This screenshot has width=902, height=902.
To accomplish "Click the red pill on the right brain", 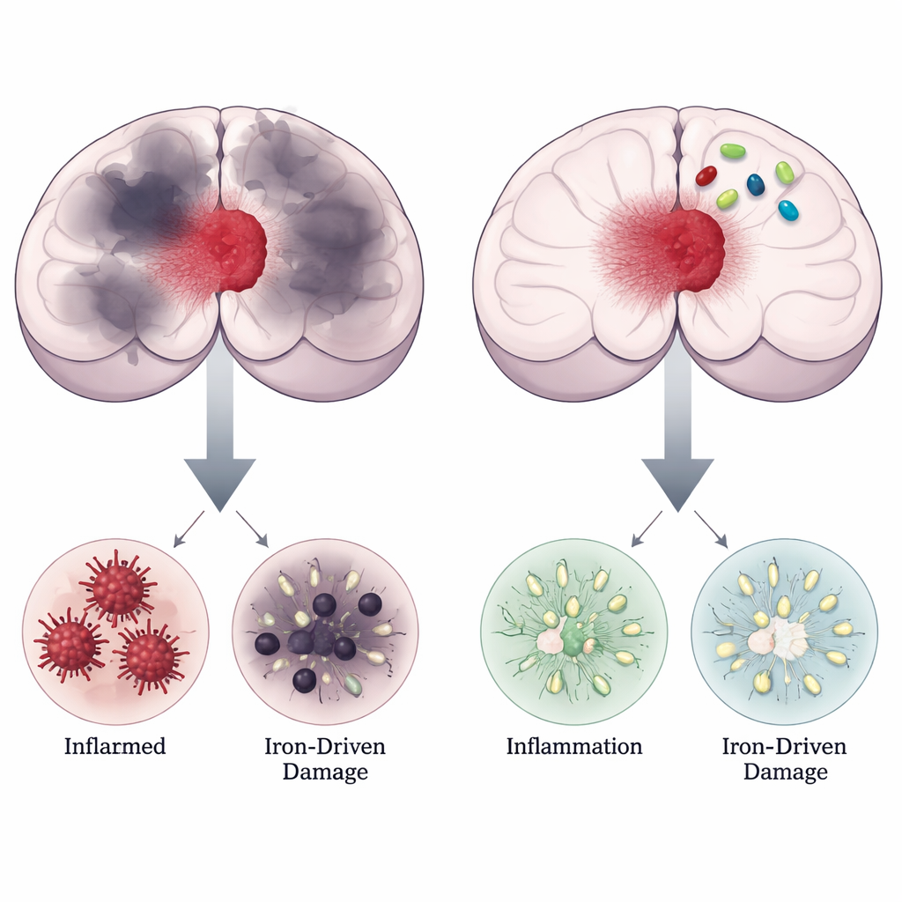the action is [x=706, y=175].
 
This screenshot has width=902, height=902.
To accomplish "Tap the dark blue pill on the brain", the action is [x=755, y=185].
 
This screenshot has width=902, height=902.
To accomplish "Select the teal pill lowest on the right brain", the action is [x=788, y=211].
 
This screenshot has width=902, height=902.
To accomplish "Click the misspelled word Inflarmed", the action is [x=115, y=746].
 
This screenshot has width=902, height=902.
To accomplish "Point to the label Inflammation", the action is [x=574, y=746].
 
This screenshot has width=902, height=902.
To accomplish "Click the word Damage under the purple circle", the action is [x=325, y=772].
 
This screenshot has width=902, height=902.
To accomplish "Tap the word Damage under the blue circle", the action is [x=785, y=772].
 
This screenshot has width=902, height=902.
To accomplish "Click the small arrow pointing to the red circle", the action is [x=189, y=529].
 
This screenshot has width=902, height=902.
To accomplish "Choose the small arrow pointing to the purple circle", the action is [x=252, y=529].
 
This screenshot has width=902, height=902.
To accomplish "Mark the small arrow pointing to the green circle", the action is [x=647, y=529].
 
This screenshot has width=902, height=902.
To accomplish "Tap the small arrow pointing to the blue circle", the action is [x=711, y=529].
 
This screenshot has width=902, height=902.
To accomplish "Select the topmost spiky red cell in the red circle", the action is [x=118, y=587].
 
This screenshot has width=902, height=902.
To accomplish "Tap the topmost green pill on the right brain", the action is [x=733, y=152].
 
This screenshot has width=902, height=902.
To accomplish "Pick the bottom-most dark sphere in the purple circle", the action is [x=304, y=681].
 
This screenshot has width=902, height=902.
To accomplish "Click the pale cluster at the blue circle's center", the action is [x=780, y=639].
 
